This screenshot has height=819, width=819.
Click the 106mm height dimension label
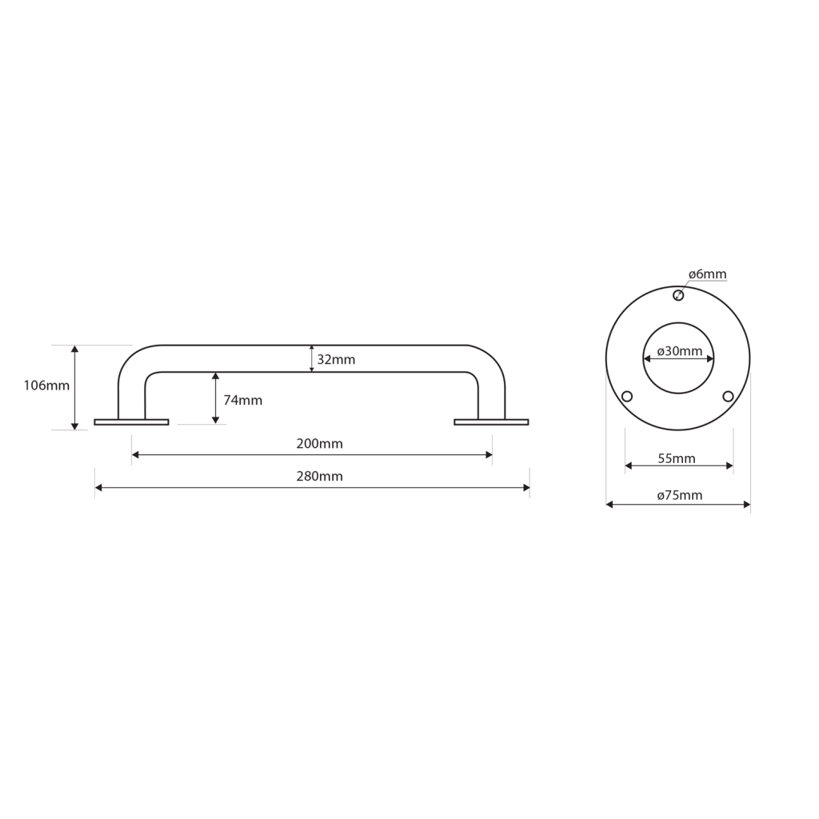click(46, 386)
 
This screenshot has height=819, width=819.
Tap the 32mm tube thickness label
click(336, 359)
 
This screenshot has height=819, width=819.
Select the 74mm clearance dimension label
click(243, 400)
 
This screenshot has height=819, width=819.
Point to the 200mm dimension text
click(320, 443)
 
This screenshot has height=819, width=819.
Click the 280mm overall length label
click(320, 477)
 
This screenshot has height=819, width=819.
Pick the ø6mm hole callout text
click(707, 274)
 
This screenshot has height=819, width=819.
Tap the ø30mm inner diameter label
click(680, 351)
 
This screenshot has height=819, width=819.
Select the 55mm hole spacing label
click(677, 458)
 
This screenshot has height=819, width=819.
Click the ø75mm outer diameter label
click(680, 495)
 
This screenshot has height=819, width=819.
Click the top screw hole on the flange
click(678, 296)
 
